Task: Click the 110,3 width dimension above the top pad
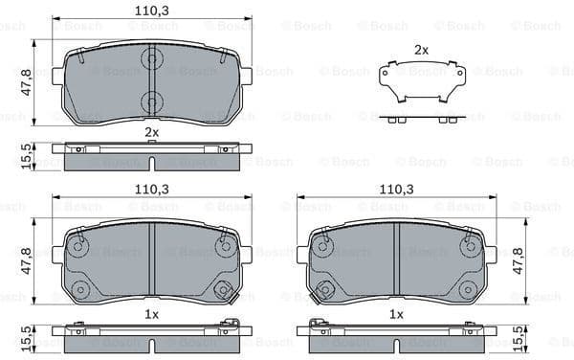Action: point(151,11)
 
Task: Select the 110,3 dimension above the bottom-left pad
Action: point(151,191)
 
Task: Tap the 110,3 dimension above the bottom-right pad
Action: point(396,191)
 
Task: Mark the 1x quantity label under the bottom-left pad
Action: point(151,314)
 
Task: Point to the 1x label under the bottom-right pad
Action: point(396,314)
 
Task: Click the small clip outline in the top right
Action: point(421,82)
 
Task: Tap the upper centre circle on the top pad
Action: point(151,60)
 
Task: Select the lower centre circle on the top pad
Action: point(151,101)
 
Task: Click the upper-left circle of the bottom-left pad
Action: point(79,246)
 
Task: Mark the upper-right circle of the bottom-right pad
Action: point(468,246)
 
